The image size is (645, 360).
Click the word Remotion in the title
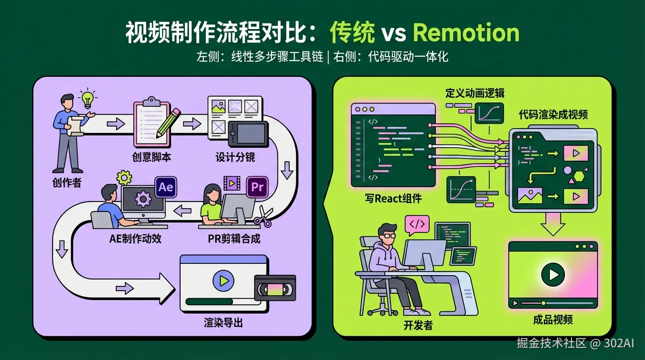(x=466, y=32)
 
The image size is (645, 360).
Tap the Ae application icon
(x=165, y=187)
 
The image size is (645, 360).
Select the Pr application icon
(x=257, y=187)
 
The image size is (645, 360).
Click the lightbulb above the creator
(x=88, y=98)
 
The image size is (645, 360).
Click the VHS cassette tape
(x=275, y=288)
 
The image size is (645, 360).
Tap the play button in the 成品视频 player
(x=553, y=275)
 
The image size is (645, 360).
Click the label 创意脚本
(x=152, y=157)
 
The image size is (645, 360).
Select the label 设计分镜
(x=235, y=157)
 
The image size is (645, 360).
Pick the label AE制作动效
(x=135, y=239)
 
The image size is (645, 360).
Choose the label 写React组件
(x=393, y=198)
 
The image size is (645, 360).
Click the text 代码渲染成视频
(x=553, y=115)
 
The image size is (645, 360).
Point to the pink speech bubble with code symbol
(x=417, y=225)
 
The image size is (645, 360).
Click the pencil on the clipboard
(x=168, y=122)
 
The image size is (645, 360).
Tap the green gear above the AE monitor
(x=124, y=178)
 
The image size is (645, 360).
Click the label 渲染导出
(x=223, y=323)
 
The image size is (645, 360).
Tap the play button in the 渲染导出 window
(x=223, y=280)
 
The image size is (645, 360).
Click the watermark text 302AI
(x=619, y=343)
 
